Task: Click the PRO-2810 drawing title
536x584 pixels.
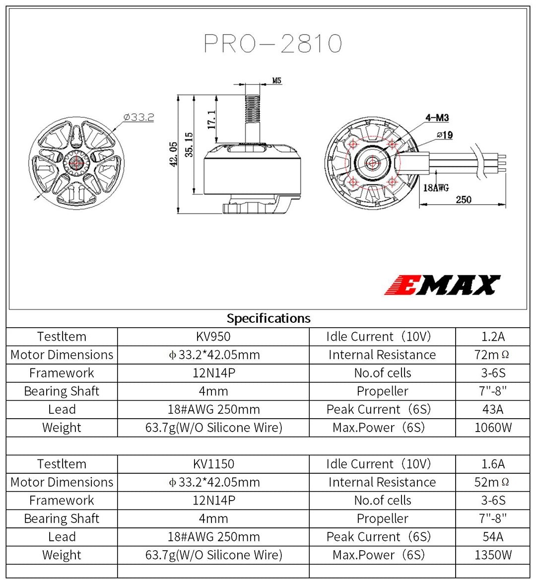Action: tap(273, 44)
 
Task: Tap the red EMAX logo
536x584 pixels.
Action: tap(442, 285)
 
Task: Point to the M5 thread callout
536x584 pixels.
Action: tap(277, 80)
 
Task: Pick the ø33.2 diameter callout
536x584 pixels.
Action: tap(138, 117)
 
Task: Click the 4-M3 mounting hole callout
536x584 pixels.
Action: tap(437, 118)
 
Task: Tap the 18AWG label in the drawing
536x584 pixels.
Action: tap(436, 188)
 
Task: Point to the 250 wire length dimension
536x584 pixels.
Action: tap(464, 199)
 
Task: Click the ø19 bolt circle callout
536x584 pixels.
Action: tap(445, 135)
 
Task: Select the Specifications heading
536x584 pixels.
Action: tap(268, 318)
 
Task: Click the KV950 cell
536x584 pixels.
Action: tap(213, 337)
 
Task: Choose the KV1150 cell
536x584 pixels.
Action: tap(213, 464)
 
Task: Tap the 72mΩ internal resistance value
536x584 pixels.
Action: tap(492, 355)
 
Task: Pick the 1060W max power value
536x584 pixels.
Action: tap(493, 428)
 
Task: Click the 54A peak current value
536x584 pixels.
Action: tap(493, 537)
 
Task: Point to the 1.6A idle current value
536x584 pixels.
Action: tap(493, 464)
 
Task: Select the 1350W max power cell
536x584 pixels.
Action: tap(493, 555)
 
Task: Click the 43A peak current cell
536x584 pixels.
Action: tap(493, 410)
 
